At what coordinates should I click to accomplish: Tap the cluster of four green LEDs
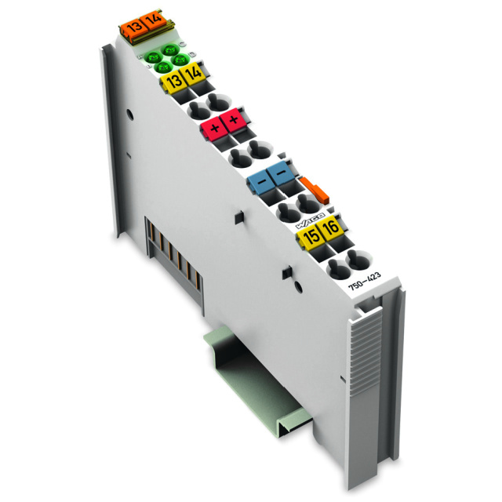tap(166, 58)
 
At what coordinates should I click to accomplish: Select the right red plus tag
tap(233, 121)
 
